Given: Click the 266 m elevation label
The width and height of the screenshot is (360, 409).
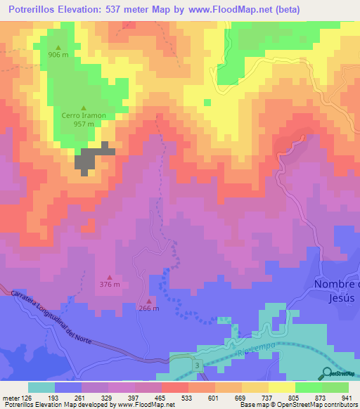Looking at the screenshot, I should click(x=148, y=309).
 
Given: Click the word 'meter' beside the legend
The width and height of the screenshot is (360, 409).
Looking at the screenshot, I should click(x=10, y=398).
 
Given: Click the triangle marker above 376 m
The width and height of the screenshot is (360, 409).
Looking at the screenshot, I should click(x=109, y=276).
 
